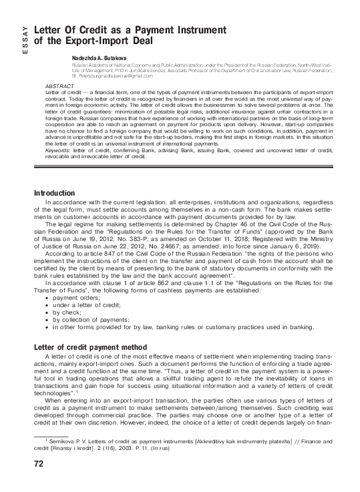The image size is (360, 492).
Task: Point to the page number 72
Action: [x=29, y=479]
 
